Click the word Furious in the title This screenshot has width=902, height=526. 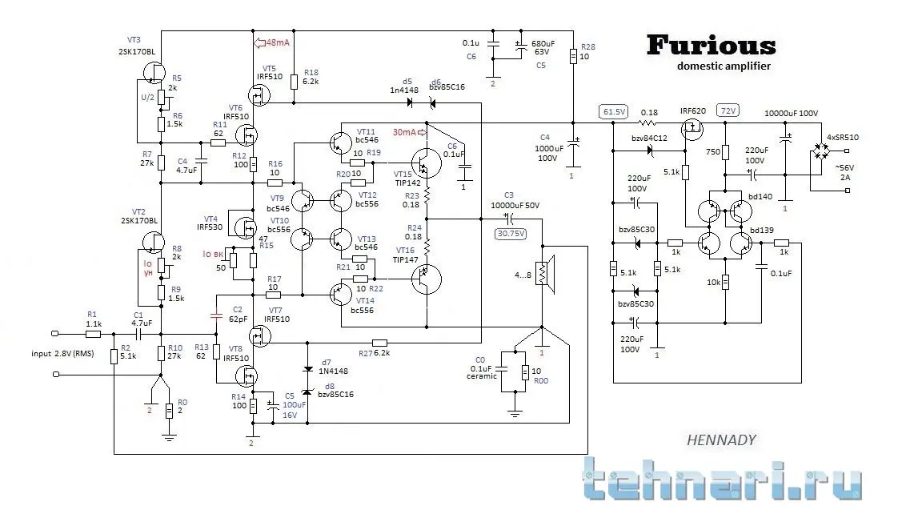[x=711, y=45]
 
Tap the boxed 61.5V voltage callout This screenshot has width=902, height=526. [x=615, y=112]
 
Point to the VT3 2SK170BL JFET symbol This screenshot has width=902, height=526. [x=152, y=70]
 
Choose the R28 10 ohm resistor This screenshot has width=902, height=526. [x=573, y=57]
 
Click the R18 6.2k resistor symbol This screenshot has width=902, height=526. [x=295, y=80]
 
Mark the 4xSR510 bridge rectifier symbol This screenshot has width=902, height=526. [x=820, y=151]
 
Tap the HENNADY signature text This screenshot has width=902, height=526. [x=721, y=440]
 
